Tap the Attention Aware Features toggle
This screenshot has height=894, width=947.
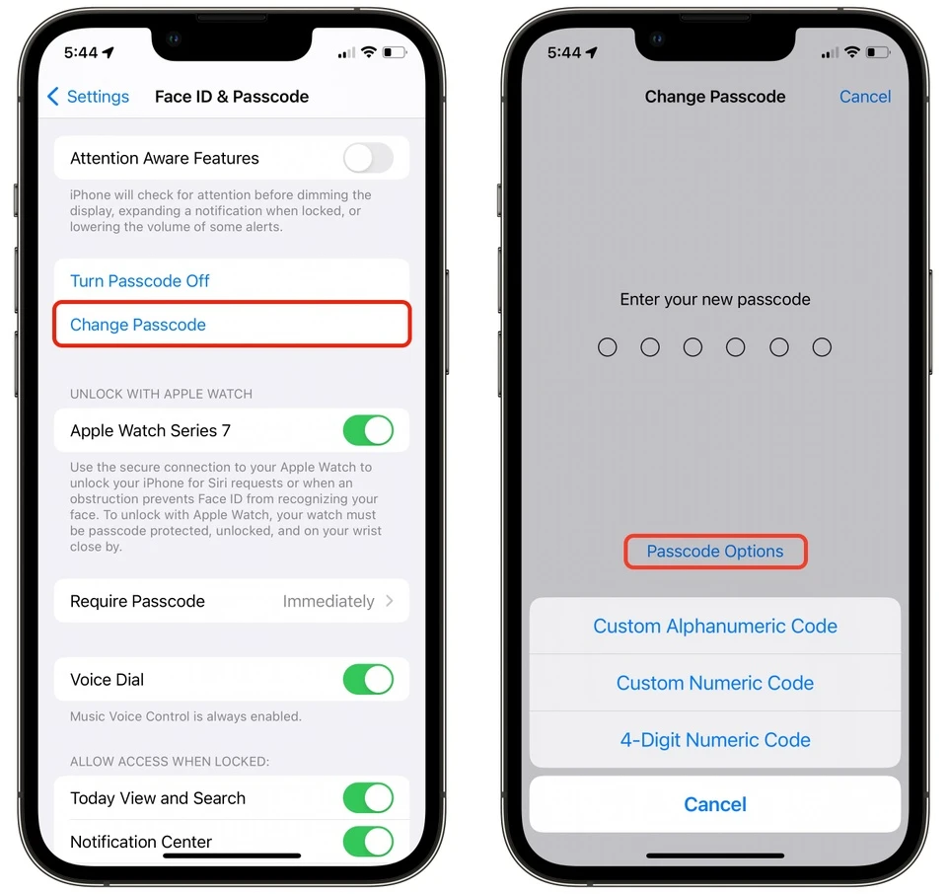coord(368,158)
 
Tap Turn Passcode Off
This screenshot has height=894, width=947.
coord(140,281)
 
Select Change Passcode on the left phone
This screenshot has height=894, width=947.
coord(138,325)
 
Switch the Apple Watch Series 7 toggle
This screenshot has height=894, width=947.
coord(368,430)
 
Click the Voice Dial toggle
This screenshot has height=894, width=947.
coord(368,680)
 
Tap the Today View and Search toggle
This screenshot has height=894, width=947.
coord(368,798)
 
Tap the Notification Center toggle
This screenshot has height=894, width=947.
coord(368,842)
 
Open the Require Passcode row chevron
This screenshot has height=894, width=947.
coord(390,601)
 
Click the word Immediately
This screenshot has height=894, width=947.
coord(328,601)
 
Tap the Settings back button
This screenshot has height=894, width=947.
coord(89,97)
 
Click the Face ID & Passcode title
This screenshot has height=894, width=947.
coord(232,97)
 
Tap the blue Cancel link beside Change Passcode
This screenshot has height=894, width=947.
coord(865,97)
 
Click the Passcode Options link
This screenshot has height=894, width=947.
coord(715,552)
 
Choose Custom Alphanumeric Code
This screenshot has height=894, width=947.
coord(715,627)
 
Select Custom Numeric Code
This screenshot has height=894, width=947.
coord(715,683)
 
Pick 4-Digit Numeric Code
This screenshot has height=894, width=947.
coord(715,740)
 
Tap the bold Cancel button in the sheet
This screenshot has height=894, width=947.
coord(715,804)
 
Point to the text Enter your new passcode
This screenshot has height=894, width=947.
coord(715,299)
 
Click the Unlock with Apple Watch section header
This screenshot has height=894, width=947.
coord(162,394)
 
